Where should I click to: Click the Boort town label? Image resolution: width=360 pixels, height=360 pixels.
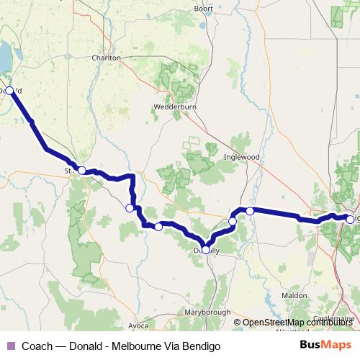[x=204, y=9]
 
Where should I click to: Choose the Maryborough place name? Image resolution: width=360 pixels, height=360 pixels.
[x=208, y=312]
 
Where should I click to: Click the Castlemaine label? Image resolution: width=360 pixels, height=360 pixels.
[x=333, y=318]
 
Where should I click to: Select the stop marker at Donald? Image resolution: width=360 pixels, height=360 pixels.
[x=9, y=91]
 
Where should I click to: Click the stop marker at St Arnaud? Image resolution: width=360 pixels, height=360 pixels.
[x=82, y=171]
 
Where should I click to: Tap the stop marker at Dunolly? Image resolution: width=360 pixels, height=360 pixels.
[x=205, y=250]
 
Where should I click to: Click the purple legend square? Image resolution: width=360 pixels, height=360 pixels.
[x=10, y=346]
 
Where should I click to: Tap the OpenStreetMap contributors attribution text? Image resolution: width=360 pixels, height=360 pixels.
[x=297, y=322]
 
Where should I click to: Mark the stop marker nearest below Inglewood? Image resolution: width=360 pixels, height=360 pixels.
[x=249, y=211]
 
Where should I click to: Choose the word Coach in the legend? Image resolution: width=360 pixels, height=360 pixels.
[x=37, y=346]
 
